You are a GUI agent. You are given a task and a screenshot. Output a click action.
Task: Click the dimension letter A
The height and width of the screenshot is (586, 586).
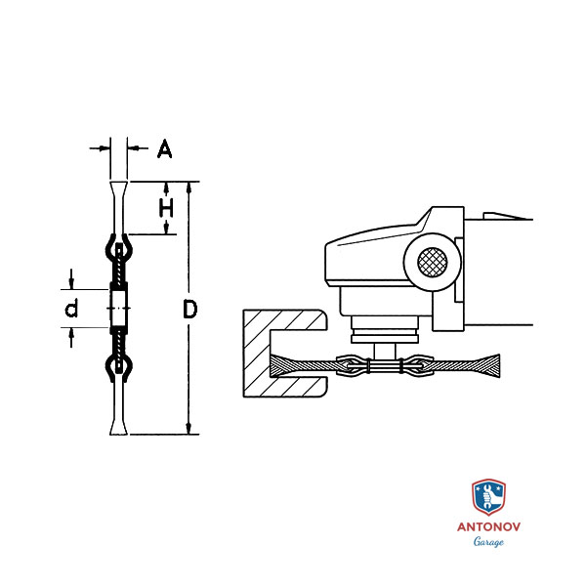point(164,149)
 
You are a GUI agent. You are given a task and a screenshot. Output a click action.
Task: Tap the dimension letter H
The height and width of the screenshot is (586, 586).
point(167,208)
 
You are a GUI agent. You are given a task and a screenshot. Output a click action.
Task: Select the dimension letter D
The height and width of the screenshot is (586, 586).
point(190,310)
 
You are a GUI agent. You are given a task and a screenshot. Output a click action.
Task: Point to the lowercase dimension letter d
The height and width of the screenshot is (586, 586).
point(70,310)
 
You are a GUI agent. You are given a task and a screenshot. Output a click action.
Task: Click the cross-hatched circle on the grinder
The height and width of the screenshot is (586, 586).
point(432,263)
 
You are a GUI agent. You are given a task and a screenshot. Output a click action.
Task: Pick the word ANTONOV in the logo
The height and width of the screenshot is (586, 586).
point(488,526)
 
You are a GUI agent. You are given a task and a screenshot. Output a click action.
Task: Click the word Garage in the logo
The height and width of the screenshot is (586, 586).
point(488,542)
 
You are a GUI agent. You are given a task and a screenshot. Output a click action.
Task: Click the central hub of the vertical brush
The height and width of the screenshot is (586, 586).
point(118,309)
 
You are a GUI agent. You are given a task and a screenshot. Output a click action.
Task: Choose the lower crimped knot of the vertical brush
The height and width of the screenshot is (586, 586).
point(118,369)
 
